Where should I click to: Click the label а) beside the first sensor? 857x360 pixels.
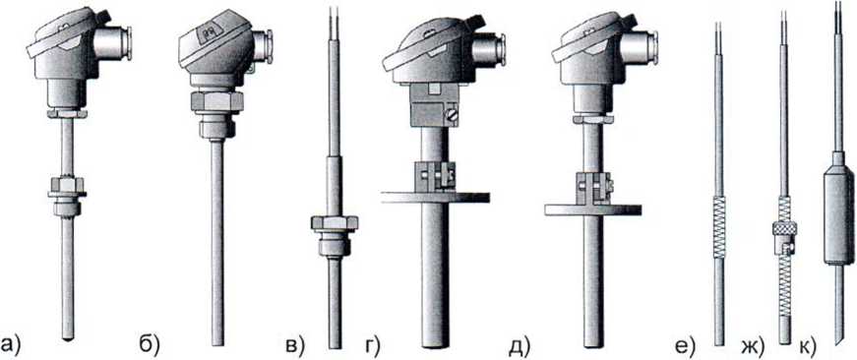(x=11, y=345)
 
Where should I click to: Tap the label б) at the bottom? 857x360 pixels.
(x=149, y=344)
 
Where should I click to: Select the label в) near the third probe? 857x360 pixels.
(x=294, y=345)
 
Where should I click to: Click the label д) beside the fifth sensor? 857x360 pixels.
(x=519, y=346)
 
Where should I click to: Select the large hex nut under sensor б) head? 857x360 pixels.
(x=216, y=101)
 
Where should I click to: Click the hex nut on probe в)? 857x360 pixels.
(x=335, y=223)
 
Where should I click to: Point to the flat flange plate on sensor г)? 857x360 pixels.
(x=435, y=197)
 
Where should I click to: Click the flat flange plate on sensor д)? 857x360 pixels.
(x=592, y=210)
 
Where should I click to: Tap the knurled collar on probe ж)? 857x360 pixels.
(x=784, y=228)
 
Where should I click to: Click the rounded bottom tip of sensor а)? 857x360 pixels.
(x=67, y=337)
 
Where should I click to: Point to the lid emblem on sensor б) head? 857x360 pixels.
(x=209, y=33)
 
